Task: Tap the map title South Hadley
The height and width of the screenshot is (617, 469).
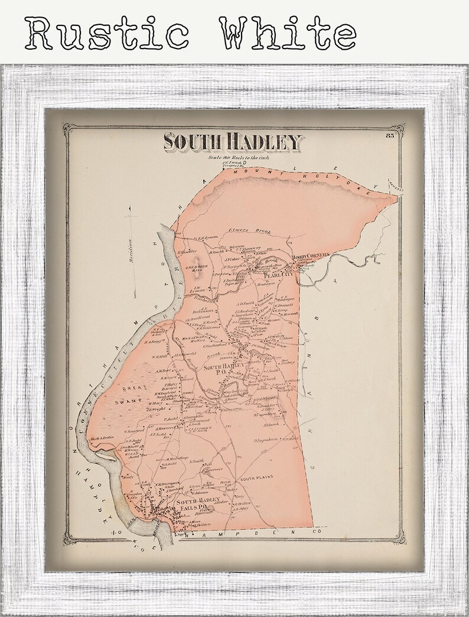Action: [233, 142]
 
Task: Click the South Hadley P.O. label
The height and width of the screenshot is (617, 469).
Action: [221, 370]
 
